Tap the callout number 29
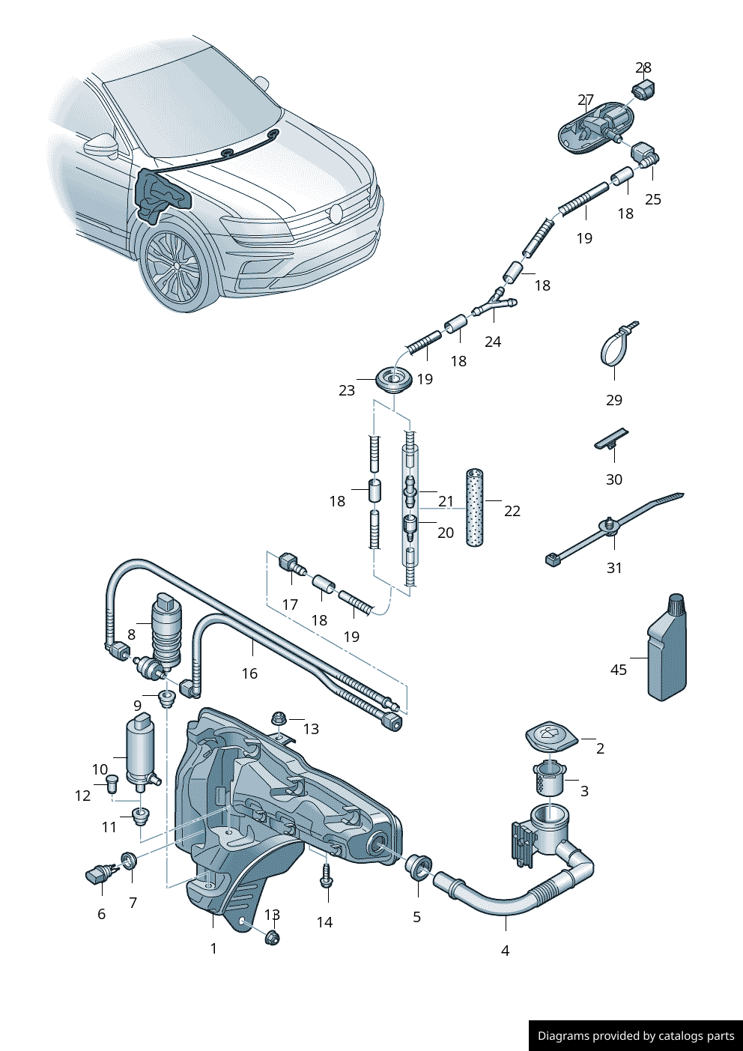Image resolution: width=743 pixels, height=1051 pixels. (614, 400)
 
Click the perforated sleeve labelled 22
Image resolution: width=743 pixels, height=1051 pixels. (474, 507)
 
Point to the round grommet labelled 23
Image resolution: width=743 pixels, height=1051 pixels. (394, 381)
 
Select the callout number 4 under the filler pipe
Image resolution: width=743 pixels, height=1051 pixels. (505, 951)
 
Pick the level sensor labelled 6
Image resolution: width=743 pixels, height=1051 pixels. (98, 873)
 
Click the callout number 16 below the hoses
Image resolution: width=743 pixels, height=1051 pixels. (249, 673)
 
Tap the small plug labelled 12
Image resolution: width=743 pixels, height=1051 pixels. (113, 784)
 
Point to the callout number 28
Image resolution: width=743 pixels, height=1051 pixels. (643, 67)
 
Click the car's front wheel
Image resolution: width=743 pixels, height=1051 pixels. (174, 267)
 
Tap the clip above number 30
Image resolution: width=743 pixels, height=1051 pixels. (612, 439)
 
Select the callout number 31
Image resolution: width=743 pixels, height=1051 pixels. (614, 568)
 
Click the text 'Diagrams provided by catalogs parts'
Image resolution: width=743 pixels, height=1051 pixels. (636, 1036)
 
